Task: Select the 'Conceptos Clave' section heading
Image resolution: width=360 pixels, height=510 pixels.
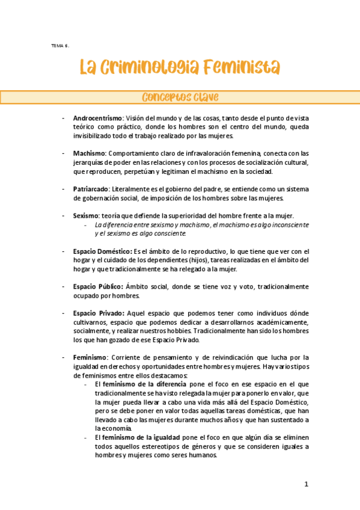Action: point(180,97)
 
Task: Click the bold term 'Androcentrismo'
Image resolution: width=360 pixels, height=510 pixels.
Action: point(97,118)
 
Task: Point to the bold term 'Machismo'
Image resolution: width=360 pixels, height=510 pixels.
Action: point(89,153)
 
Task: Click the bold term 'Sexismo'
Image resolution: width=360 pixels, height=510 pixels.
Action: point(86,215)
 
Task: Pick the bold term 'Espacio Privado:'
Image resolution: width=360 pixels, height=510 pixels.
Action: point(99,313)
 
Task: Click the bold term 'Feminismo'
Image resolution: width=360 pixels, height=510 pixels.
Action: point(90,357)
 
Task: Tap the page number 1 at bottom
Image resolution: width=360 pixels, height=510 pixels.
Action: point(306,484)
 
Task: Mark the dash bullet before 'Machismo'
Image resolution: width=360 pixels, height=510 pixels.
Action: point(64,153)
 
